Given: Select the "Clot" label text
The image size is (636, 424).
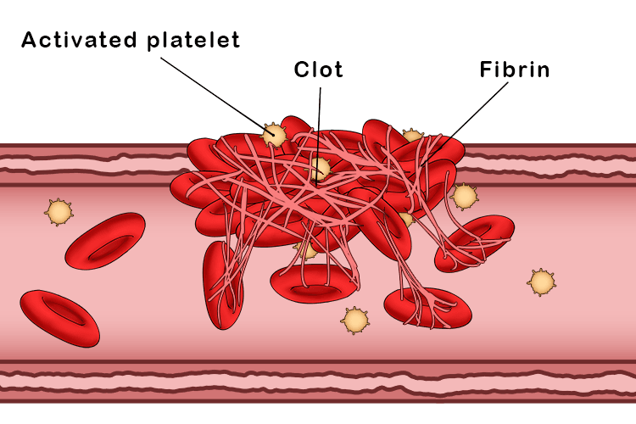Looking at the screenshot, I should (319, 70).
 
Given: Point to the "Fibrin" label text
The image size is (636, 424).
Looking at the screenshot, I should (515, 70).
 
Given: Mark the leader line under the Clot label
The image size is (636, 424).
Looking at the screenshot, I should (320, 119).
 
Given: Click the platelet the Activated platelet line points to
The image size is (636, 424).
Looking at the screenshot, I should (274, 135).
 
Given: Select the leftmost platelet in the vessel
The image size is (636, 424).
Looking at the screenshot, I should (59, 211).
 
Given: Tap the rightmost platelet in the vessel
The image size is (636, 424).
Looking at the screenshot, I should (541, 282).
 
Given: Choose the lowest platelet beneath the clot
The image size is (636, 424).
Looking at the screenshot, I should (355, 319).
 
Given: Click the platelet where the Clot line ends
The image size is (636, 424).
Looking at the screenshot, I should (319, 169).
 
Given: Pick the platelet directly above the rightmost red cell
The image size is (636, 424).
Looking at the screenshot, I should (464, 197).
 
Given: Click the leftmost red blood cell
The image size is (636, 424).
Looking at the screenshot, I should (59, 318).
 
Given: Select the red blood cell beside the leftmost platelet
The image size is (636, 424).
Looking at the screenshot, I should (105, 241).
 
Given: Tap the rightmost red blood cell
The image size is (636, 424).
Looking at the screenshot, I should (474, 243).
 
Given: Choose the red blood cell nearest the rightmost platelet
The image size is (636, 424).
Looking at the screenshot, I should (474, 243).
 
